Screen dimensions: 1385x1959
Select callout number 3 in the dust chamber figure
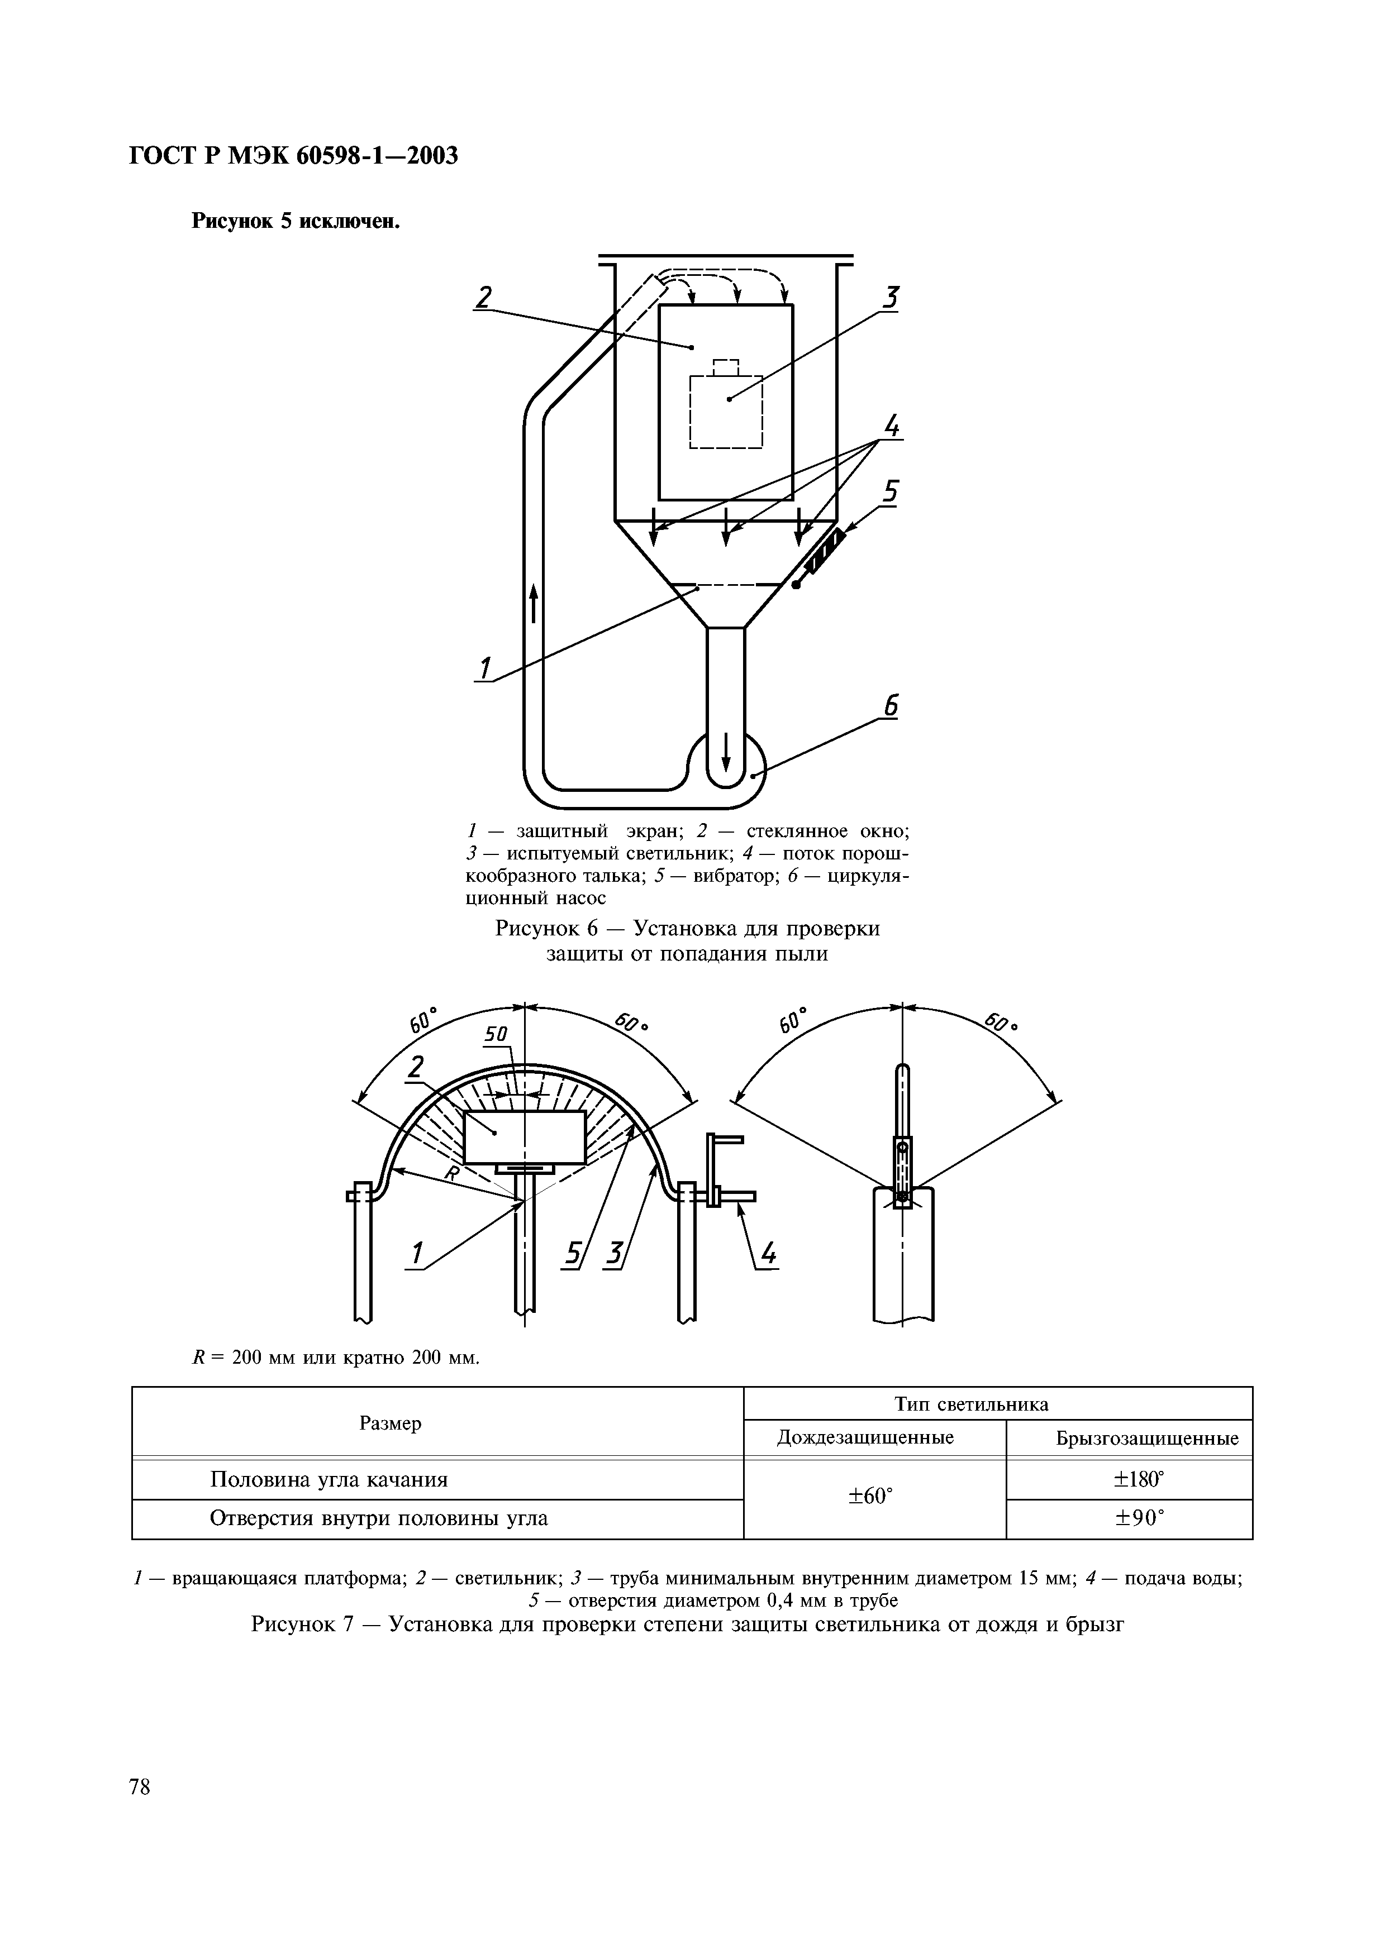(x=891, y=299)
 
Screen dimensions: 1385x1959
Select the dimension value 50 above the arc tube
(x=497, y=1035)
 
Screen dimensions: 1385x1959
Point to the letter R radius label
(x=453, y=1174)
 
